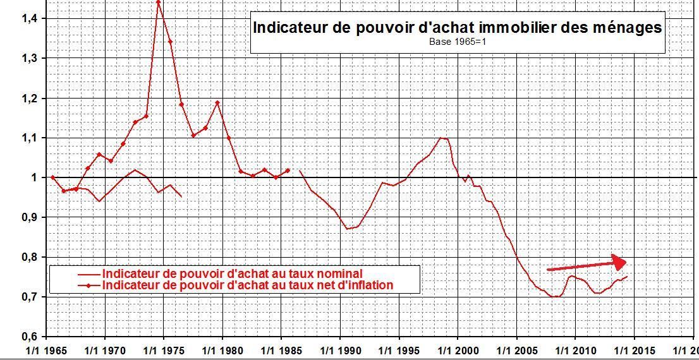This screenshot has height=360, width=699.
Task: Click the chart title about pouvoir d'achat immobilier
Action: [x=457, y=28]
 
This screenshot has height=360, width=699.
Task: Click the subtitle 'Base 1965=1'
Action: [x=457, y=43]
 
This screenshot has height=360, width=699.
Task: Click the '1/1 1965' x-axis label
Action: [x=46, y=349]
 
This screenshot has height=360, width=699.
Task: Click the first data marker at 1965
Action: [x=52, y=177]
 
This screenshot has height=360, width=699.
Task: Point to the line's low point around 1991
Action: [x=348, y=228]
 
